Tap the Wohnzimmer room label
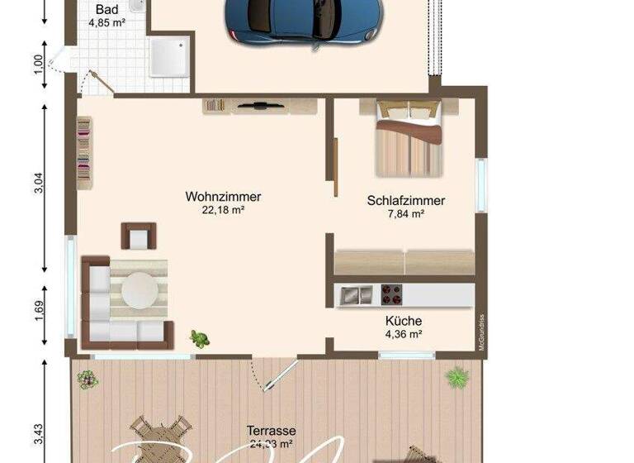(223, 197)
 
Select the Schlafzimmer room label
(405, 200)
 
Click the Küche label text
(404, 321)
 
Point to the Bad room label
(106, 10)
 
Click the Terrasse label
(272, 431)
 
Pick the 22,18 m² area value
(223, 210)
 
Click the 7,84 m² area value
(405, 213)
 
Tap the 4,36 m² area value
(404, 334)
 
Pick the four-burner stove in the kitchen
(390, 294)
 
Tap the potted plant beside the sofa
(200, 338)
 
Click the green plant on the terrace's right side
(456, 378)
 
